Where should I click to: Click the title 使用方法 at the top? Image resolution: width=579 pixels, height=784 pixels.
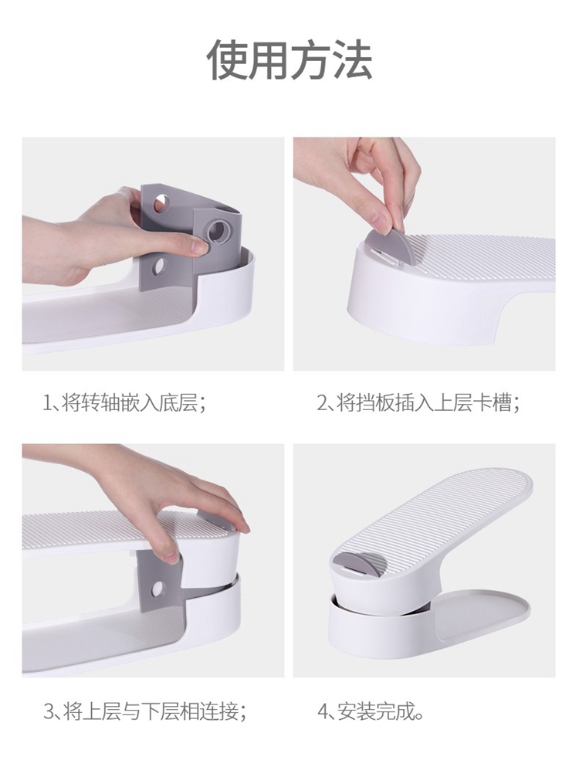289,59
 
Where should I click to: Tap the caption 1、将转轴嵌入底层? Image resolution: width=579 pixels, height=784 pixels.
125,402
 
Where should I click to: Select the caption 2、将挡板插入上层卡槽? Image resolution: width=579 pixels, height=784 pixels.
418,402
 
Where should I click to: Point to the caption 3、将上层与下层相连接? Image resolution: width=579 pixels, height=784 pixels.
145,711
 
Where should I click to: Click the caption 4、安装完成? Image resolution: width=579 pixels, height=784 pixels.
371,711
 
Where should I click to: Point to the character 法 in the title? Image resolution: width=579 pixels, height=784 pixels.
354,59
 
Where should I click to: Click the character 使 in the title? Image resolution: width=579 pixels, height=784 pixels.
227,59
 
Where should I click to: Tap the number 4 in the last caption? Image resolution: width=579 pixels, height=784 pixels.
322,711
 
